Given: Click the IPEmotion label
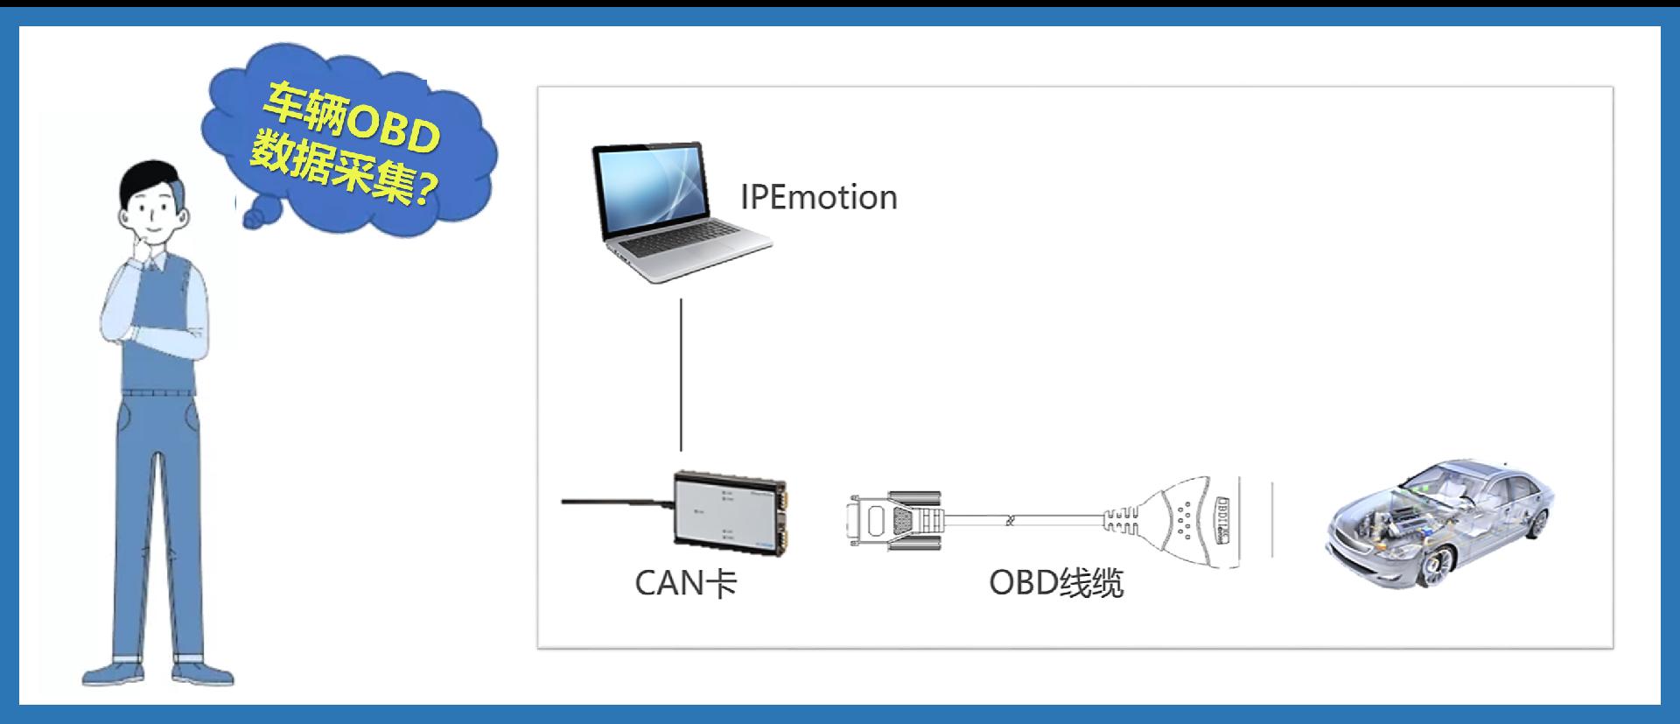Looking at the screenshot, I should tap(819, 198).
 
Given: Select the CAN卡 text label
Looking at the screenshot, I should tap(685, 583).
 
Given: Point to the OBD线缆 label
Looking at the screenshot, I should tap(1056, 583).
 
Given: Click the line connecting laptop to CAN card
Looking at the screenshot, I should tap(682, 375).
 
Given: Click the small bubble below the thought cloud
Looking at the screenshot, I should tap(254, 219).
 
